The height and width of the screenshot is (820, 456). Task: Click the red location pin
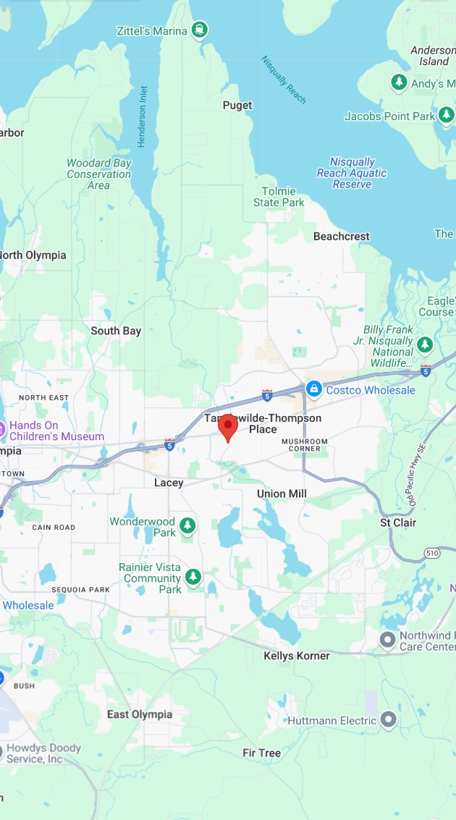(228, 427)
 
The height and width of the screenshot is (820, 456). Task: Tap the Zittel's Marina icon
(200, 30)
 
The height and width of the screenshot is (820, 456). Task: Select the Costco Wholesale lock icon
(313, 389)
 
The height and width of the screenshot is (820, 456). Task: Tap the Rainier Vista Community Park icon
(193, 577)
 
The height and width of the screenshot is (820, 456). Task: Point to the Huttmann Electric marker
(389, 720)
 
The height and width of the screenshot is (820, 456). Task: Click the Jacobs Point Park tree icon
(446, 115)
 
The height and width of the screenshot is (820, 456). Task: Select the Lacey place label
(169, 483)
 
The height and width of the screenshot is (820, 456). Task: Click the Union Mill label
(282, 494)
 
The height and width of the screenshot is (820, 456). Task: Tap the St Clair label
(398, 523)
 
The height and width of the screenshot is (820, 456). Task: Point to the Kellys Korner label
(297, 656)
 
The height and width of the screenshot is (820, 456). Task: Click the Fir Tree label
(261, 753)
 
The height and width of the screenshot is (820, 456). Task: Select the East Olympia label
(140, 714)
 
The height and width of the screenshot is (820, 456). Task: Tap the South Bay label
(116, 331)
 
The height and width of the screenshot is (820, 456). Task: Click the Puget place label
(237, 106)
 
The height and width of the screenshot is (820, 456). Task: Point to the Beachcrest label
(342, 237)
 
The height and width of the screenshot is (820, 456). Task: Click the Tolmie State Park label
(279, 197)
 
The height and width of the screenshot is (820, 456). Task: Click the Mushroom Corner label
(305, 444)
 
